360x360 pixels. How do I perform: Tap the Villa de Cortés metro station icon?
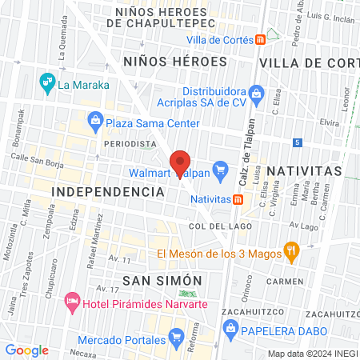coord(262,40)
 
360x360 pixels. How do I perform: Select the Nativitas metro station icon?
coord(238,199)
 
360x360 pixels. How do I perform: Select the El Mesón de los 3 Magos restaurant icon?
coord(291,254)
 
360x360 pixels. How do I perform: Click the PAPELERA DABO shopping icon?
coord(230,327)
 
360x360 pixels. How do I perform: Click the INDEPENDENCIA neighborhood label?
coord(107,192)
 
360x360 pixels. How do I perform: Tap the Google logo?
coord(27,350)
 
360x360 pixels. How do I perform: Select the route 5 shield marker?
coord(297,142)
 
